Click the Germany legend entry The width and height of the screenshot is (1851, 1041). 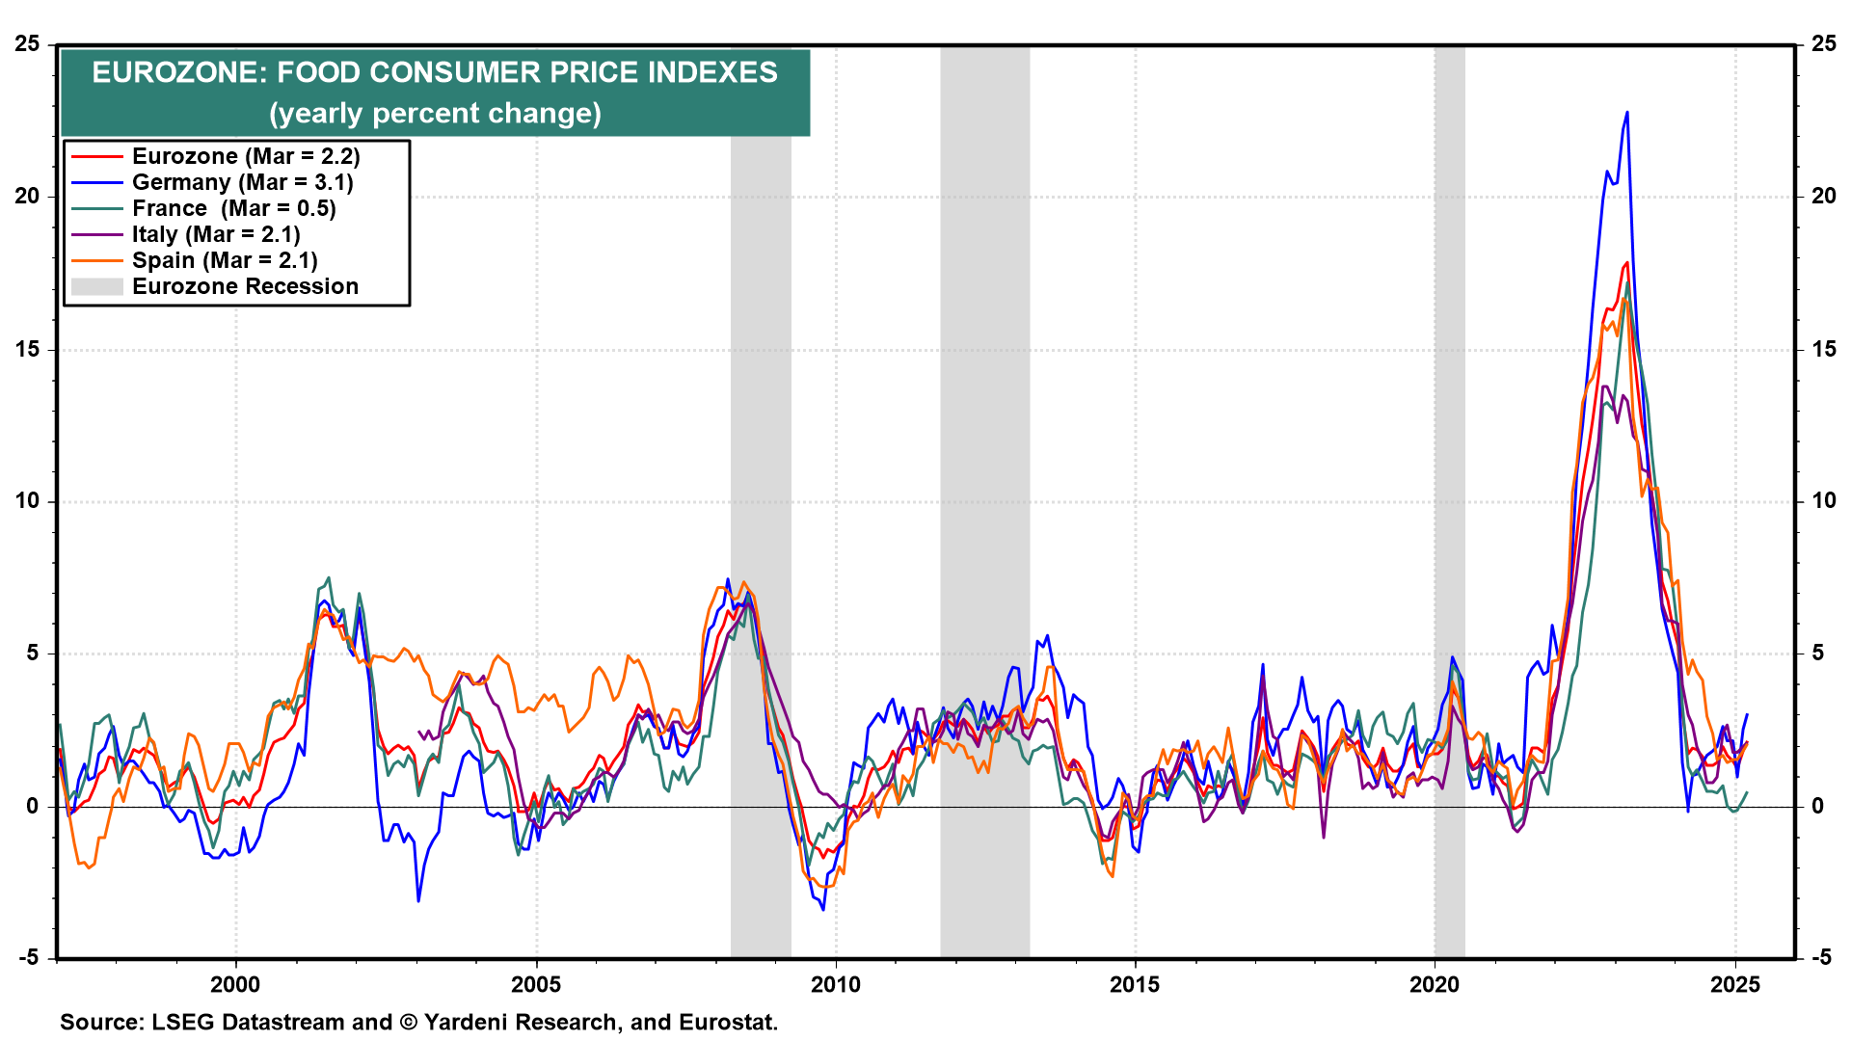click(x=242, y=182)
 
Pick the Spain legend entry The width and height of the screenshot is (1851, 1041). click(x=225, y=260)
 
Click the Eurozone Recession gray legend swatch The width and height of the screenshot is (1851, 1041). click(x=96, y=286)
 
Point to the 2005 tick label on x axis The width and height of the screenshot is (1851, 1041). click(x=535, y=984)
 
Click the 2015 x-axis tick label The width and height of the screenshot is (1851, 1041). click(x=1135, y=984)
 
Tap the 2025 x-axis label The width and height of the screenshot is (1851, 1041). click(x=1734, y=984)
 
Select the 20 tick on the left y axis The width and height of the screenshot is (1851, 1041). click(x=28, y=196)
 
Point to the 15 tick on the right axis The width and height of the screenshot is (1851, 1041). click(x=1823, y=349)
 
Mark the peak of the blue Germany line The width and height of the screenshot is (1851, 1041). click(x=1627, y=113)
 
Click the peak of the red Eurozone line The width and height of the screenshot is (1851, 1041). click(x=1627, y=262)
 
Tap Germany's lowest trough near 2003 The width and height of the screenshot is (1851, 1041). click(x=418, y=900)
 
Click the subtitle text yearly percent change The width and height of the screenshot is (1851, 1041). click(x=435, y=114)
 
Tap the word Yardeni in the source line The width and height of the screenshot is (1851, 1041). click(x=467, y=1022)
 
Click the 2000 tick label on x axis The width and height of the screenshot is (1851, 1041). click(x=235, y=984)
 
